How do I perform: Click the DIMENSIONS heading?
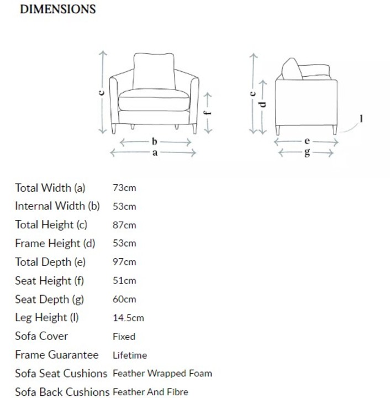click(x=57, y=9)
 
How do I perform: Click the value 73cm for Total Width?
click(x=124, y=188)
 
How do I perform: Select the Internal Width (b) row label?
click(x=57, y=206)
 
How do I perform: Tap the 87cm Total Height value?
click(x=124, y=225)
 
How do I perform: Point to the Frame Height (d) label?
click(x=55, y=243)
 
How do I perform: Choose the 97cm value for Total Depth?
click(x=124, y=262)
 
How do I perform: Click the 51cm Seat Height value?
click(x=124, y=281)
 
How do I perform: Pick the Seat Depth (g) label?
click(x=50, y=299)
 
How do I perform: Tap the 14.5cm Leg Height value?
click(x=128, y=318)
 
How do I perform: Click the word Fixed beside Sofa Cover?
click(x=124, y=337)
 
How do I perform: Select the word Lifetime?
click(x=130, y=355)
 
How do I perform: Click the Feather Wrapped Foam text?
click(x=162, y=374)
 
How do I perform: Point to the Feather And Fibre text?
click(x=150, y=392)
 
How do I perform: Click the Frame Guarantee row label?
click(x=57, y=355)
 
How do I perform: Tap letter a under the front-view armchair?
click(x=155, y=153)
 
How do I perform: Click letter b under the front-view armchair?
click(x=155, y=142)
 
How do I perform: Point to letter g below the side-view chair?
click(x=307, y=153)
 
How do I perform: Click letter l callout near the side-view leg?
click(x=361, y=118)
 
